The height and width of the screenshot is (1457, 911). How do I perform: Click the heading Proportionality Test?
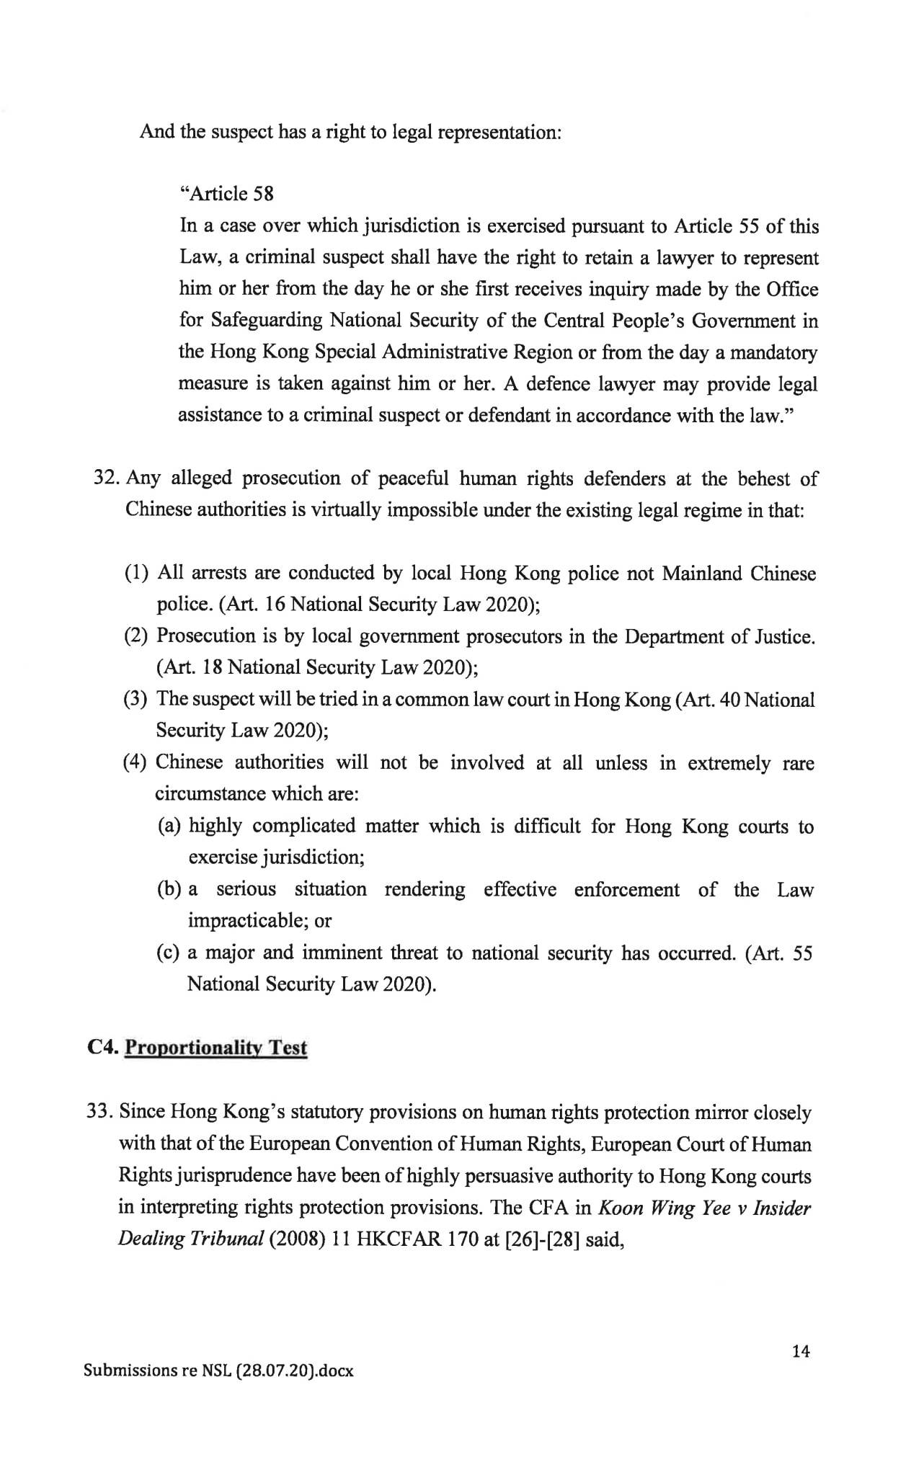[216, 1047]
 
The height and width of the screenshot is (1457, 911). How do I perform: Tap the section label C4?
[102, 1047]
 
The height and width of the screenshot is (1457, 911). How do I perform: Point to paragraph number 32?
[107, 478]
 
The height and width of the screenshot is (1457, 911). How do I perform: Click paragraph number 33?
[101, 1112]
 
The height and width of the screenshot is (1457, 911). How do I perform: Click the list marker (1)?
[137, 574]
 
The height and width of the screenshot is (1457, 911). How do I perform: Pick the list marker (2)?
[137, 636]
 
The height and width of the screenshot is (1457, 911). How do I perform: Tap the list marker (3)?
[137, 699]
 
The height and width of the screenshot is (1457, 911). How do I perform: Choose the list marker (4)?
[137, 762]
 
